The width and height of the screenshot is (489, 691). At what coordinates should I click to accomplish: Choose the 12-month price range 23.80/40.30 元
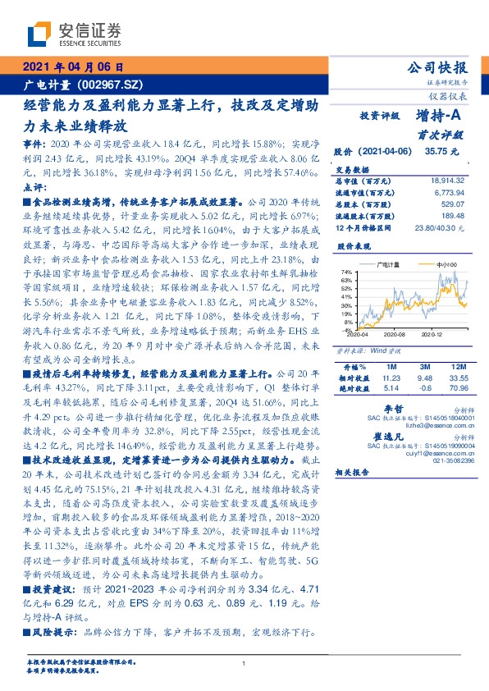point(439,226)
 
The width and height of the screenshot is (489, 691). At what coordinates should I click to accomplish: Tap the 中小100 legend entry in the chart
point(447,264)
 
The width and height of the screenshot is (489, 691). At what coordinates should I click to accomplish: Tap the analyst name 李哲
point(393,407)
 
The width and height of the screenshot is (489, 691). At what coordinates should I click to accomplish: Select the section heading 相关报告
point(355,495)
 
